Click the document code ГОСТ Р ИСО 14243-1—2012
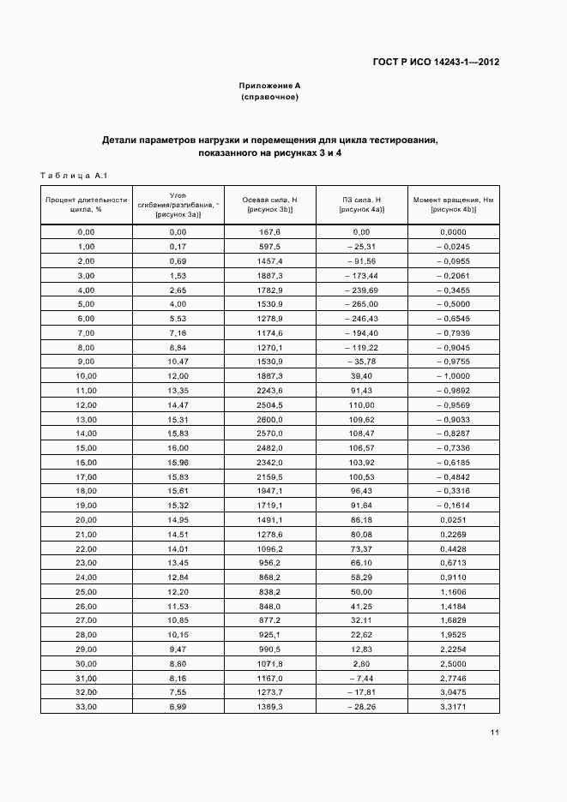coord(436,62)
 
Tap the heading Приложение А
coord(269,86)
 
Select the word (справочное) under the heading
coord(269,98)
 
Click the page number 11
coord(495,732)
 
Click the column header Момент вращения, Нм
coord(454,204)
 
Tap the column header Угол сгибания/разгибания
coord(178,204)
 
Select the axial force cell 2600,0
coord(269,419)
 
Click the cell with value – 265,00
coord(361,304)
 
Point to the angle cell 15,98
coord(178,463)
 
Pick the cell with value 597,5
coord(269,247)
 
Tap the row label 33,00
coord(86,706)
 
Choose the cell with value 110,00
coord(361,405)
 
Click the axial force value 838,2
coord(269,591)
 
